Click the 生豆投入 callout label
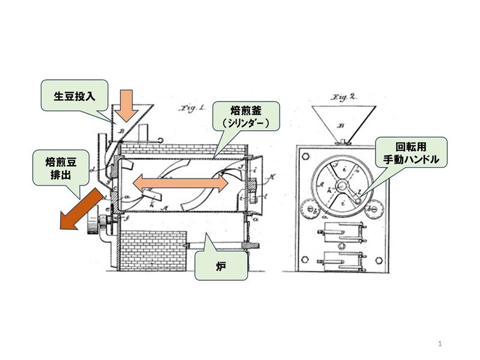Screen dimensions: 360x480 74,96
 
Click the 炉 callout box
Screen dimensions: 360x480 221,265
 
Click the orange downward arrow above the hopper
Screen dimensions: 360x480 125,104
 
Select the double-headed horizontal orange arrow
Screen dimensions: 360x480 181,184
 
